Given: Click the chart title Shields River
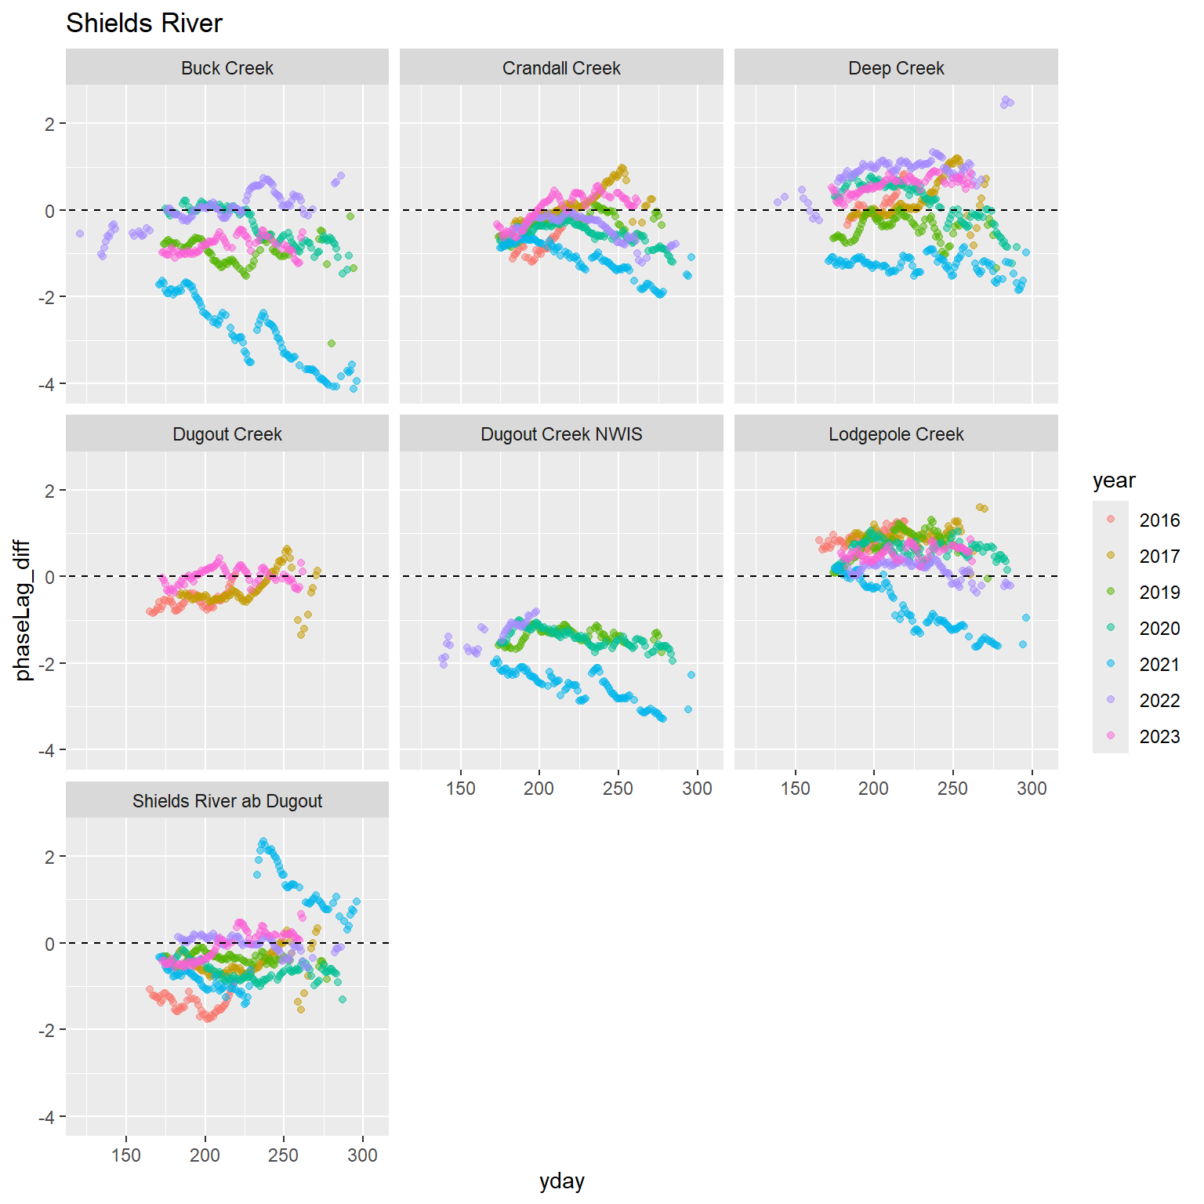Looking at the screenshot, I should [x=144, y=24].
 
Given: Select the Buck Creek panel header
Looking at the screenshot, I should [x=227, y=68].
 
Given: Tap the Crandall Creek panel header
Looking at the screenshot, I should [x=561, y=68].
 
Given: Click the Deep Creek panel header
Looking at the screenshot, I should [x=896, y=68].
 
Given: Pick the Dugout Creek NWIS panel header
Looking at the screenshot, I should [x=561, y=434].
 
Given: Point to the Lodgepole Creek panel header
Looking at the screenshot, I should [x=896, y=434].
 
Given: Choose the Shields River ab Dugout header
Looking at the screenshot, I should [x=227, y=801].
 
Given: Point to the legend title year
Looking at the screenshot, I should [x=1114, y=481].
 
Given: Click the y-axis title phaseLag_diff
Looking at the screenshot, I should [x=24, y=610].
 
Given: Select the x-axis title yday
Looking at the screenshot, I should [x=562, y=1181].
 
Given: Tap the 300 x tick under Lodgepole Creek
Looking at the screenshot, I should [x=1032, y=789].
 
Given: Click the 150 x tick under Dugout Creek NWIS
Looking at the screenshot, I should [x=461, y=789].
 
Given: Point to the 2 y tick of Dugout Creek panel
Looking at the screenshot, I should [x=50, y=491].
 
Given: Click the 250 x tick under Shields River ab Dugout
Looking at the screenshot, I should [x=284, y=1155].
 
